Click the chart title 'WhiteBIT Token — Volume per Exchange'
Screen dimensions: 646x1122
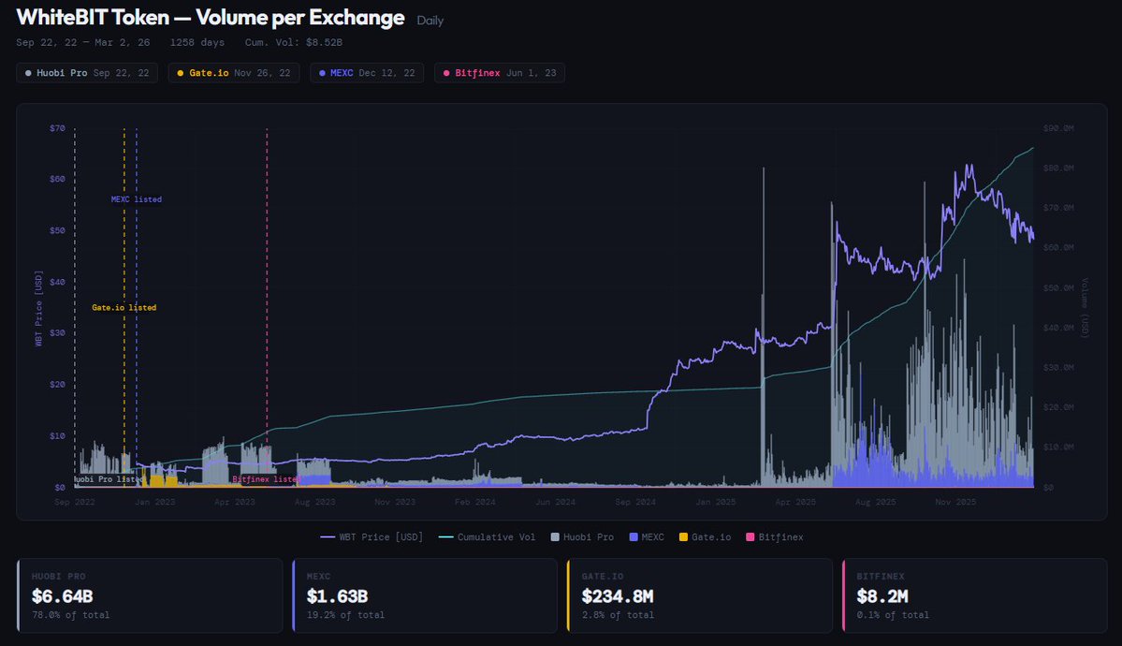point(211,18)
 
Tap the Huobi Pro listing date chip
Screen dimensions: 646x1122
point(87,72)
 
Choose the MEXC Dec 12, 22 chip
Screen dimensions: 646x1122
point(367,72)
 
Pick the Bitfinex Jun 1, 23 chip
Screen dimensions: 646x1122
point(499,72)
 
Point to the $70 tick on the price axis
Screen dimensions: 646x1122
point(57,127)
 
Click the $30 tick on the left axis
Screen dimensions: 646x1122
point(57,332)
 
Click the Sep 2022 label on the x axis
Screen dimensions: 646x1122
point(74,503)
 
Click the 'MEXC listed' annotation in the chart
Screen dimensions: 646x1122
point(137,199)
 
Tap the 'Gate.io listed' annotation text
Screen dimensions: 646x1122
point(124,307)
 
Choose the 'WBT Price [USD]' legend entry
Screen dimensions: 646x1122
point(372,537)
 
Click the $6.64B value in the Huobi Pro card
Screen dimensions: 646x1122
point(62,595)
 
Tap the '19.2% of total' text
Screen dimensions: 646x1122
point(344,615)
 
